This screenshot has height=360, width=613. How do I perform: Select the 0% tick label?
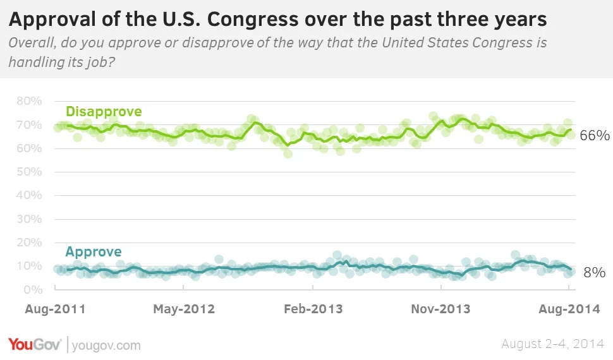click(33, 290)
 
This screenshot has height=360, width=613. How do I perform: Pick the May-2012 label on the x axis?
click(184, 309)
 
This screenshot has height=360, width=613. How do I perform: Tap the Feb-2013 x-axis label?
click(313, 309)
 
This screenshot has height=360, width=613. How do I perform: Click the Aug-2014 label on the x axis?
click(567, 309)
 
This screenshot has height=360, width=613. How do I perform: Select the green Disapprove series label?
click(104, 112)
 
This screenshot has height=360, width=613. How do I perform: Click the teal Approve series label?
click(94, 252)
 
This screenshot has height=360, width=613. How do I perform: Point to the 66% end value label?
click(594, 136)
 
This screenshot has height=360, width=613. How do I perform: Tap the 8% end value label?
click(594, 273)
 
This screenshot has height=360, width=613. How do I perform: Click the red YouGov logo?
click(35, 345)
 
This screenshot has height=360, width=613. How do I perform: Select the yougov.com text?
click(106, 345)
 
